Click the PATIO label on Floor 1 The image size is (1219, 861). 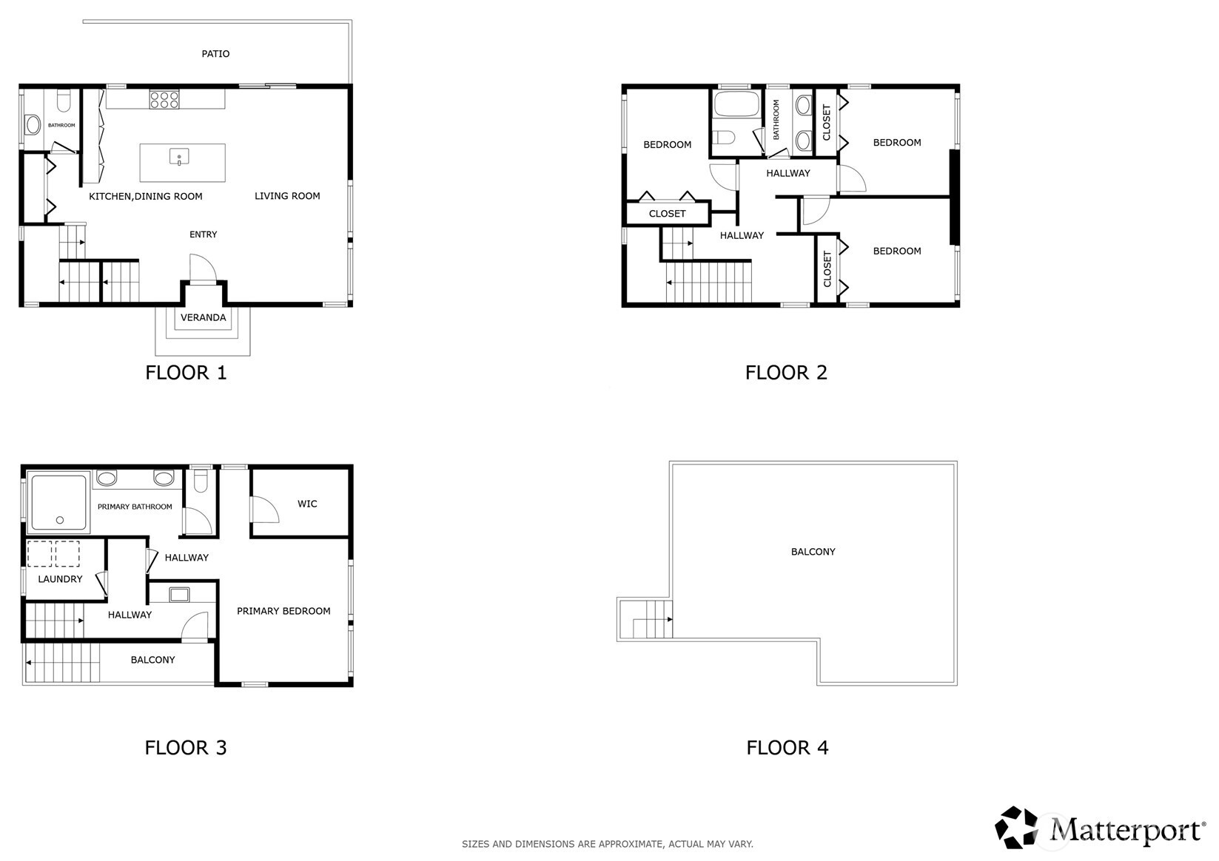215,54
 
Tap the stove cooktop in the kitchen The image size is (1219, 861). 164,99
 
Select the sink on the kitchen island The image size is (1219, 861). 179,157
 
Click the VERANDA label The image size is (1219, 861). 203,317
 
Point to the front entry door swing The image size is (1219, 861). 201,269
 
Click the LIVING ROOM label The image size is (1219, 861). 287,196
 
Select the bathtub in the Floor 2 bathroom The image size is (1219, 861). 736,104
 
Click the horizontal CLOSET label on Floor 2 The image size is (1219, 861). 667,214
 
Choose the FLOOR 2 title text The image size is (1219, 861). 786,372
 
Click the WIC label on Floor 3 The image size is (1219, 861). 307,504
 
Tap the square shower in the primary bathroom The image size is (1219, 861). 58,502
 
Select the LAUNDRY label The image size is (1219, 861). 60,579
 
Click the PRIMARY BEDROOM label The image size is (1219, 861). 283,611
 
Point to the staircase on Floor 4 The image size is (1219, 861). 652,619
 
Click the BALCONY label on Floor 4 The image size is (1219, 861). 813,552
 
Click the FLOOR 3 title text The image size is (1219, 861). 186,747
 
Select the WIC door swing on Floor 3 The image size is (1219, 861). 263,510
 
